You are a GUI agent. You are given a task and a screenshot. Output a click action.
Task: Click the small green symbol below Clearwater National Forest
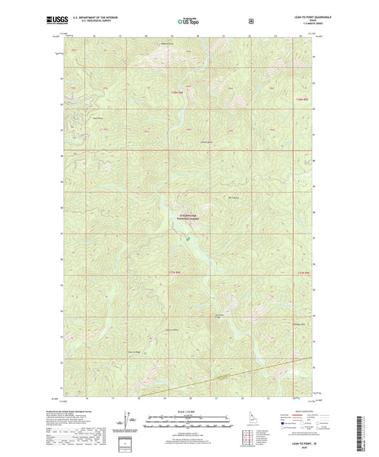click(188, 239)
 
